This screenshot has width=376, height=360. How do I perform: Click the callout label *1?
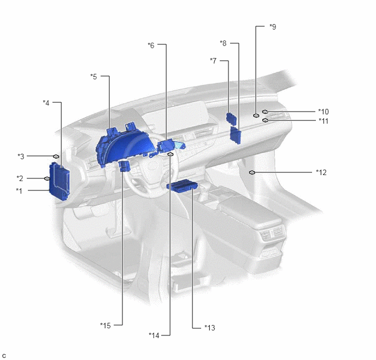click(x=19, y=191)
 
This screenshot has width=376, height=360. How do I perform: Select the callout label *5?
click(x=94, y=77)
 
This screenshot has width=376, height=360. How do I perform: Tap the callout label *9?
click(x=273, y=27)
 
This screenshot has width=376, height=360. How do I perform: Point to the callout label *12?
click(x=321, y=172)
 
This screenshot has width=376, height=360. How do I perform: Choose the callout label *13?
click(x=210, y=328)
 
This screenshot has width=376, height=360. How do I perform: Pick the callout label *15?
click(x=105, y=326)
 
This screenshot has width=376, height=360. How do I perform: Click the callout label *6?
click(x=151, y=45)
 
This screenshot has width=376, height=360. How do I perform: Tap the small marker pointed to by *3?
click(x=56, y=156)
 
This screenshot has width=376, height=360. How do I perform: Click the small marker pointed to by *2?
click(x=47, y=178)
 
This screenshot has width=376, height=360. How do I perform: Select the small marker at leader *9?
click(x=256, y=115)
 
